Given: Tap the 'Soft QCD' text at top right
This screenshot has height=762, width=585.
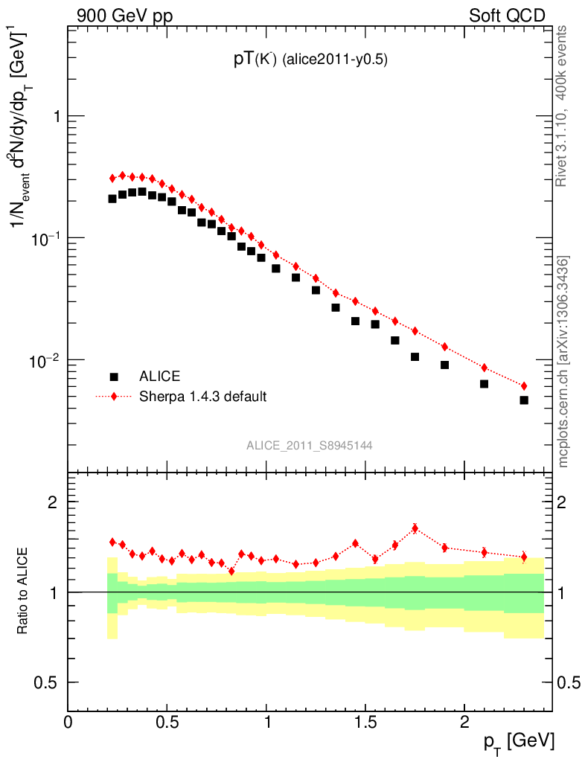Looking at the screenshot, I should (507, 15).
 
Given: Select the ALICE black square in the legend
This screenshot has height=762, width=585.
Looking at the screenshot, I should (114, 376).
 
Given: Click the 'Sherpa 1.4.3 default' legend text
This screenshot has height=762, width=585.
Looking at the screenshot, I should (203, 397).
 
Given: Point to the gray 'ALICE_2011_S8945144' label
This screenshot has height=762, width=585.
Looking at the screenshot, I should (310, 446).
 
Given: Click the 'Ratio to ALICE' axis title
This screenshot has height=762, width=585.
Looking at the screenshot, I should (24, 591).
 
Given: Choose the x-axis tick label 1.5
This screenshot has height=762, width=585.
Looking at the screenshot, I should (365, 721).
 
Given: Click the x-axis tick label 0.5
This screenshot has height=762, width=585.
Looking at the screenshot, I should (167, 721).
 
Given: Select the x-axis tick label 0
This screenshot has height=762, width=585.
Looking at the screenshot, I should (68, 721).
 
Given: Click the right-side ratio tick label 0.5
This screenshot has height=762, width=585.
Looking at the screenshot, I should (569, 682).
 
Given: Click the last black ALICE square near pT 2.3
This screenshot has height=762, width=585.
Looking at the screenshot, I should (524, 400).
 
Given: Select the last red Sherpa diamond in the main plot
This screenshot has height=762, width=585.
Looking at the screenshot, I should (524, 386).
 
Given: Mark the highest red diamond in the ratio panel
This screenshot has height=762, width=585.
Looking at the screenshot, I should (415, 528).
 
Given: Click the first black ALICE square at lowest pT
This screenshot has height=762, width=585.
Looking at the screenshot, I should (112, 199).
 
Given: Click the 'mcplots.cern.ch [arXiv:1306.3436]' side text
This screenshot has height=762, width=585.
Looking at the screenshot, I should (563, 362).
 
